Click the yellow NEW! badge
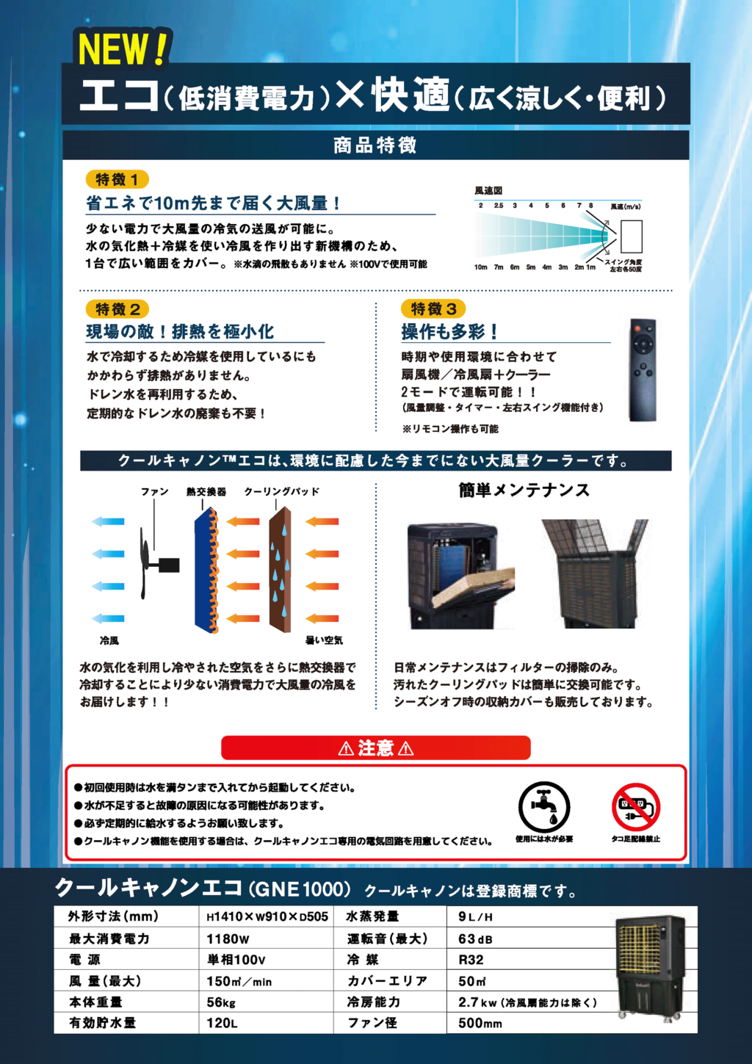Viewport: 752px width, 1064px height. click(x=123, y=48)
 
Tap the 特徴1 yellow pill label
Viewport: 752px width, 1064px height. click(x=117, y=180)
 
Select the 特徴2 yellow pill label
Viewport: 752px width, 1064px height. click(x=117, y=309)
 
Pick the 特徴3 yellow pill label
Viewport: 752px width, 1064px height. click(x=433, y=308)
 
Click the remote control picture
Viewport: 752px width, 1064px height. click(x=643, y=369)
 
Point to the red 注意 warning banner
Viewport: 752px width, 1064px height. click(x=376, y=748)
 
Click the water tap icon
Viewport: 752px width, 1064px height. click(x=544, y=807)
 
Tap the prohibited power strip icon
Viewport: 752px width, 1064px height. click(x=636, y=806)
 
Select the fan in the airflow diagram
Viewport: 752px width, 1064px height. click(x=159, y=563)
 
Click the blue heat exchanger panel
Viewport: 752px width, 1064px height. click(x=206, y=570)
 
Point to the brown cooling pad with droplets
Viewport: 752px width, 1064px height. click(x=281, y=569)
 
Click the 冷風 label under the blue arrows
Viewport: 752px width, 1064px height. click(x=109, y=641)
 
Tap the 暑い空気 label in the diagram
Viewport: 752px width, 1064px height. click(x=324, y=640)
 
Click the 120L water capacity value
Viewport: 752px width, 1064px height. click(x=222, y=1023)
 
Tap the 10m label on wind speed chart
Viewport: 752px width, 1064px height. click(x=480, y=267)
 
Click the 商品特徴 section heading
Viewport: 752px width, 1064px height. click(x=375, y=145)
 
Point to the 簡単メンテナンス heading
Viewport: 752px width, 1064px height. click(x=524, y=491)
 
